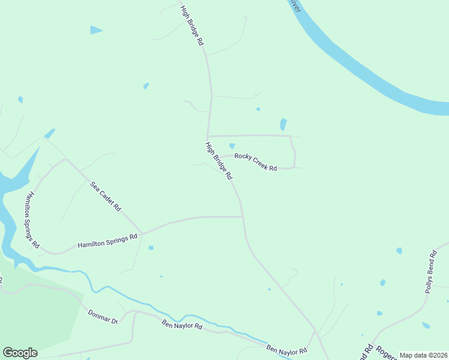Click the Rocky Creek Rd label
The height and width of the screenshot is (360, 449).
click(x=255, y=162)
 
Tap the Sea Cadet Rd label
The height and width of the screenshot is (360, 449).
click(x=106, y=196)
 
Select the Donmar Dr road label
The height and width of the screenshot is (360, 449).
click(x=103, y=317)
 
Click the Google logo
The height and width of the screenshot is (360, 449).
click(x=20, y=353)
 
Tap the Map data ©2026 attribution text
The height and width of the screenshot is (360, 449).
click(x=423, y=355)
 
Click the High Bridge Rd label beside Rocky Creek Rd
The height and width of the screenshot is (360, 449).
click(x=218, y=160)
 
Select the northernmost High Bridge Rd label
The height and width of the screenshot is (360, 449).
click(x=193, y=26)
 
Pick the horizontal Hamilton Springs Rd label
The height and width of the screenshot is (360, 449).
click(x=107, y=241)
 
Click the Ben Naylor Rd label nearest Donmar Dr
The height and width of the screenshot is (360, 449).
click(x=182, y=326)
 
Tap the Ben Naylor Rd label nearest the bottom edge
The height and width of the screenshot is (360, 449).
click(x=286, y=349)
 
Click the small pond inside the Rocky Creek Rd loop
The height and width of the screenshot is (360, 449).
click(x=232, y=145)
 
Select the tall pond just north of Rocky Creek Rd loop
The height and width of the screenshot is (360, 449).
click(x=283, y=124)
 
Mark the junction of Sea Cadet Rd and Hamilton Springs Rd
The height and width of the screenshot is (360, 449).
click(x=143, y=233)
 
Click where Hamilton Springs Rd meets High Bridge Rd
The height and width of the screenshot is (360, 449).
click(x=243, y=217)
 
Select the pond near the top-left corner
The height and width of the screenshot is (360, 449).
click(x=96, y=29)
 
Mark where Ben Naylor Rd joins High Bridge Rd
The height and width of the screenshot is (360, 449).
click(x=315, y=331)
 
